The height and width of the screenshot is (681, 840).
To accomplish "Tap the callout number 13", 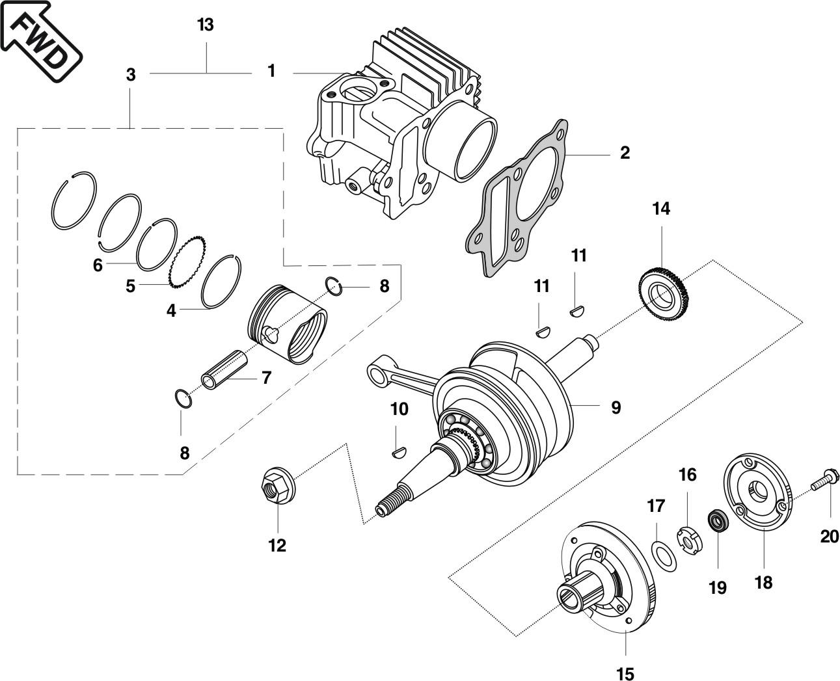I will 205,25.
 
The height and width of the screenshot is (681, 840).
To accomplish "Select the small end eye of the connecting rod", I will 376,373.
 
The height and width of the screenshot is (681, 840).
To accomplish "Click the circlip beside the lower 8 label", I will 183,398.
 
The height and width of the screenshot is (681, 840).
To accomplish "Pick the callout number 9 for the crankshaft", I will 616,408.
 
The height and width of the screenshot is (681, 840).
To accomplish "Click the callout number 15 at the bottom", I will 625,673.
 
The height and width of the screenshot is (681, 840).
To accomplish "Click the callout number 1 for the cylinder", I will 271,71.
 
